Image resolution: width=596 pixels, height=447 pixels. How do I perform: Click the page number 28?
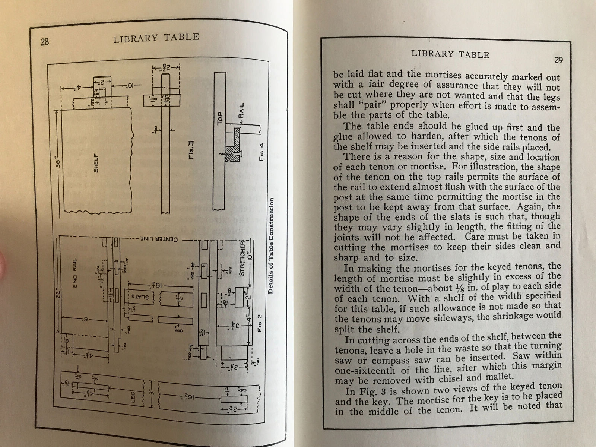pyautogui.click(x=45, y=42)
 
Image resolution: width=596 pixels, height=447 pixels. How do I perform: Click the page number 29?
pyautogui.click(x=558, y=60)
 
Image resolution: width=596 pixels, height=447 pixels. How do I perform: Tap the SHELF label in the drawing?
pyautogui.click(x=96, y=164)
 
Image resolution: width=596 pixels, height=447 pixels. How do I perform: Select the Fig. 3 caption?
pyautogui.click(x=190, y=149)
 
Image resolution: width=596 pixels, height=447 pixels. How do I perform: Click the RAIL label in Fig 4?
pyautogui.click(x=241, y=111)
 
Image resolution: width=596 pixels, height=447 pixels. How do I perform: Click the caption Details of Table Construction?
pyautogui.click(x=271, y=245)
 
